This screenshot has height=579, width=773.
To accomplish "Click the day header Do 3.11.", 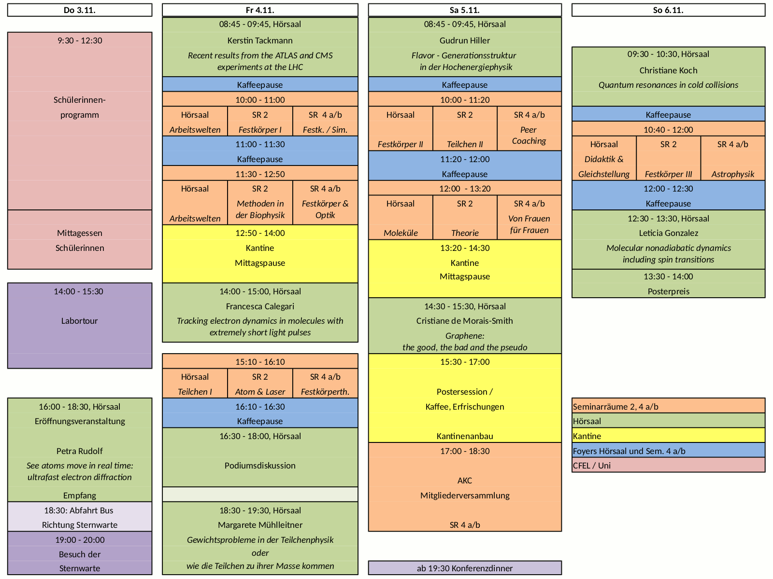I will coord(80,10).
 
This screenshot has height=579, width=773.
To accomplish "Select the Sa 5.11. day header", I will coord(465,10).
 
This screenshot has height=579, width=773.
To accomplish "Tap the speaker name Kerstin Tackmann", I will coord(260,41).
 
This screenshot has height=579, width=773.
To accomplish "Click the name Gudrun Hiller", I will coord(465,41).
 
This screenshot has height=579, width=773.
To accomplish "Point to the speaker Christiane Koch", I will coord(668,70).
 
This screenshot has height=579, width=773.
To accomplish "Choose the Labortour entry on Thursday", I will coord(80,321).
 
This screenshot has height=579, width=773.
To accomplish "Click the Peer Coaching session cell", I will coord(529,136).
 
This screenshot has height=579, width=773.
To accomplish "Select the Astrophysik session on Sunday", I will coord(732,174).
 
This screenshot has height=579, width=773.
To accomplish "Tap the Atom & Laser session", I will coord(260,392).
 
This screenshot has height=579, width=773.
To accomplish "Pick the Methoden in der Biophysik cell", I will coord(260,209).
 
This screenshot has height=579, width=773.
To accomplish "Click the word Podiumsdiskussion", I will coord(260,466).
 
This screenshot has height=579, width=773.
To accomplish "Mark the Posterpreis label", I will coord(668,291).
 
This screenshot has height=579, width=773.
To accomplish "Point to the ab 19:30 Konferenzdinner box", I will coord(465,568).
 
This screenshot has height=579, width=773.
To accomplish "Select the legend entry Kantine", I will coord(587,436).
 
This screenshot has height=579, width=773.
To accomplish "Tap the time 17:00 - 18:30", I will coord(465,451).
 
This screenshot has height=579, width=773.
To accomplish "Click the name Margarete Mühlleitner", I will coord(260,525).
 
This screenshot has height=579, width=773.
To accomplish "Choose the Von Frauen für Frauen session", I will coord(529,224).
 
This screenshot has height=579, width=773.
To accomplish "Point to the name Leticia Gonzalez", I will coord(668,233).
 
